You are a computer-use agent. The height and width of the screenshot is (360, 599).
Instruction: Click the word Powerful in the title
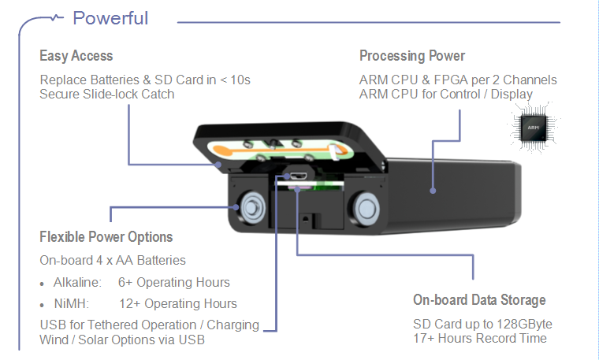pyautogui.click(x=110, y=18)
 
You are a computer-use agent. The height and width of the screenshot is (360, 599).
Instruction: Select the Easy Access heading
pyautogui.click(x=76, y=56)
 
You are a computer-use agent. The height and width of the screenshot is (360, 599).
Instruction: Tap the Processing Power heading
pyautogui.click(x=412, y=56)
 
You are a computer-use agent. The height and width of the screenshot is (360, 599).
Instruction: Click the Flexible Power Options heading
pyautogui.click(x=106, y=237)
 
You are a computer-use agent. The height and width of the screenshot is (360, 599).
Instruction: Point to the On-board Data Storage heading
pyautogui.click(x=479, y=300)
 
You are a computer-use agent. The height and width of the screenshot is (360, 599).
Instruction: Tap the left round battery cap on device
pyautogui.click(x=251, y=207)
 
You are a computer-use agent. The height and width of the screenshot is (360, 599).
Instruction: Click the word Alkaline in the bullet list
pyautogui.click(x=77, y=283)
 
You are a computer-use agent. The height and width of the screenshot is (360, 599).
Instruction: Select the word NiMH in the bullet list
pyautogui.click(x=71, y=303)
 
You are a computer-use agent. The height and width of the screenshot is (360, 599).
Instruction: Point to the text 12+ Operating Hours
pyautogui.click(x=177, y=303)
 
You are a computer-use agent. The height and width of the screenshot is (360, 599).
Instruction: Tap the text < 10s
pyautogui.click(x=233, y=80)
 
